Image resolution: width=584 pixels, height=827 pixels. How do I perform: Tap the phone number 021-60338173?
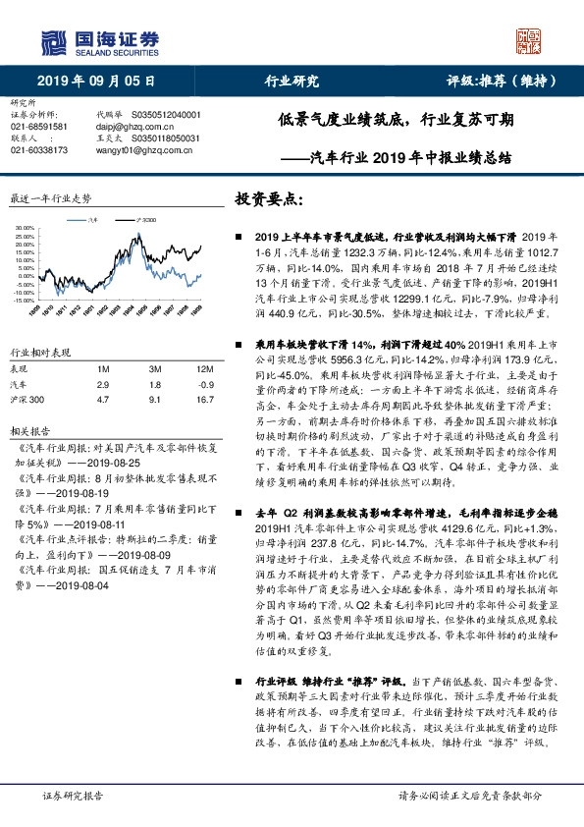tap(39, 150)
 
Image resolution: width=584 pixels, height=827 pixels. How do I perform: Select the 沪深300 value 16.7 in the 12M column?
tap(203, 401)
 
